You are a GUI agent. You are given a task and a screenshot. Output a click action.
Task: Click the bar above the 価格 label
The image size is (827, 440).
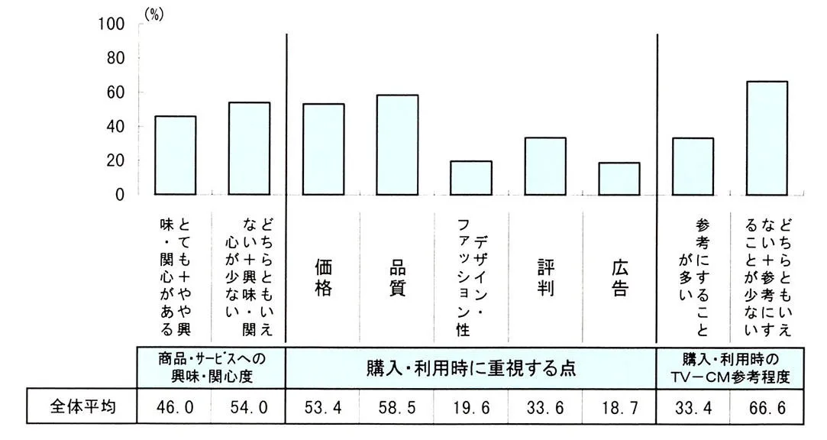tap(323, 149)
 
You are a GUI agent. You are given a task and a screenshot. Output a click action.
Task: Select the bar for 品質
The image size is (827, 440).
tap(397, 145)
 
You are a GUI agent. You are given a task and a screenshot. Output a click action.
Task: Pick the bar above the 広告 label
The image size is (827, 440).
tap(619, 179)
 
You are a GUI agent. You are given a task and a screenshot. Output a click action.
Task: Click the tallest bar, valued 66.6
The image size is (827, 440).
tap(767, 137)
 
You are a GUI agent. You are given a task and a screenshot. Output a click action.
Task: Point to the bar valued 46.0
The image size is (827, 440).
tap(176, 155)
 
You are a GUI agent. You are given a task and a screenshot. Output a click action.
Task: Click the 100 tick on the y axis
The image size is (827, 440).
tap(111, 24)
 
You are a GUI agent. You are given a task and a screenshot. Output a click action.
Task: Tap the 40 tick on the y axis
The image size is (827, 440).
tap(115, 126)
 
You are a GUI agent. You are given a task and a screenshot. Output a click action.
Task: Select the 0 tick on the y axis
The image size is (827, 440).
tap(119, 195)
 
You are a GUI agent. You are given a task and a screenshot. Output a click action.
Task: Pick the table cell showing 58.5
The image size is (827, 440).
tap(397, 408)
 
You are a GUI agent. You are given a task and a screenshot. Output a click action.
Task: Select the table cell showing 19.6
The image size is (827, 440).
tap(471, 408)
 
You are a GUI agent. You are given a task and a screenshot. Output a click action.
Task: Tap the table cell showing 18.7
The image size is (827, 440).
tap(619, 408)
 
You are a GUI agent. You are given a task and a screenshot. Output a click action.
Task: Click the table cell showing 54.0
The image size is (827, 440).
tap(249, 408)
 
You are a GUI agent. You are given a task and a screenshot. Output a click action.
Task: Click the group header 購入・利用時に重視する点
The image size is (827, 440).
tap(471, 368)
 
